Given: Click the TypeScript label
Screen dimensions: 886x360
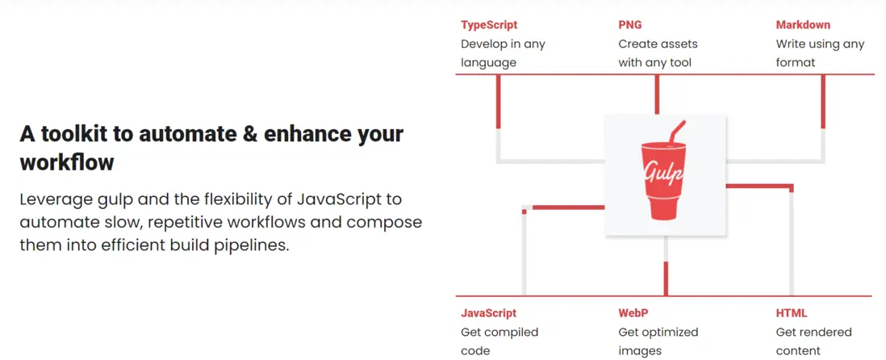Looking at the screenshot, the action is pyautogui.click(x=489, y=25).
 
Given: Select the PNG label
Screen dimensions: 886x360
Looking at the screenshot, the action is pyautogui.click(x=630, y=25).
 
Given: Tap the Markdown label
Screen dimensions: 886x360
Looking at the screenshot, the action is pyautogui.click(x=803, y=25).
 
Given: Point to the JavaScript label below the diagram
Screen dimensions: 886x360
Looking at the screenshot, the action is pyautogui.click(x=489, y=312).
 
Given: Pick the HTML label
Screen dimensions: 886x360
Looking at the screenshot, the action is pyautogui.click(x=792, y=312).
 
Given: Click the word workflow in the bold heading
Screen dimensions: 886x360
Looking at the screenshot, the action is pyautogui.click(x=67, y=163).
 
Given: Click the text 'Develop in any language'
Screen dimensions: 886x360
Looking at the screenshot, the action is pyautogui.click(x=503, y=53).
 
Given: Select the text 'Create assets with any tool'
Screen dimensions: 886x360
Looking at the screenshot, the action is pyautogui.click(x=658, y=53).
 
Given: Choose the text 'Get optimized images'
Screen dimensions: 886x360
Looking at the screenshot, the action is pyautogui.click(x=658, y=341).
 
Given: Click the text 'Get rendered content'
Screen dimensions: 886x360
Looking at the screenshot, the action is pyautogui.click(x=813, y=341).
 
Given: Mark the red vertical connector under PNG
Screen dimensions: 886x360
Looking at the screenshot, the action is pyautogui.click(x=657, y=94).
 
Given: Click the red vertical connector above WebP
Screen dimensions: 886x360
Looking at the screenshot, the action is pyautogui.click(x=666, y=278).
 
